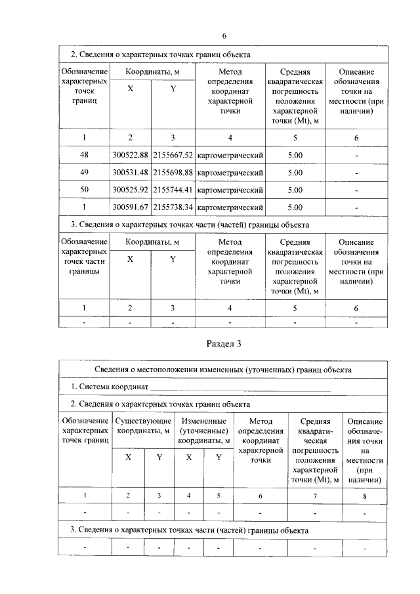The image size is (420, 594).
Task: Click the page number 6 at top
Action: coord(224,35)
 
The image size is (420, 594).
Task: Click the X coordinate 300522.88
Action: coord(130,156)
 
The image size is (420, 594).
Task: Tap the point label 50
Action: coord(84,190)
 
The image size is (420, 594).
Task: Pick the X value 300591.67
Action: coord(130,207)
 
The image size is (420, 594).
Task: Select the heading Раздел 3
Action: coord(224,343)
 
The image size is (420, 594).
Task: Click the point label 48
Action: coord(84,156)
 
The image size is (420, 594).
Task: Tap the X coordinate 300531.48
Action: coord(130,173)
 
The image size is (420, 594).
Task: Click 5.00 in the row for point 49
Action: coord(295,173)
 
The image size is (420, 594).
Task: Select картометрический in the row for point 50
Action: coord(230,190)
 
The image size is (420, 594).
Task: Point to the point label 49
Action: coord(84,173)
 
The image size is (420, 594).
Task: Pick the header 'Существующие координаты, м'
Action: coord(144,426)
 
